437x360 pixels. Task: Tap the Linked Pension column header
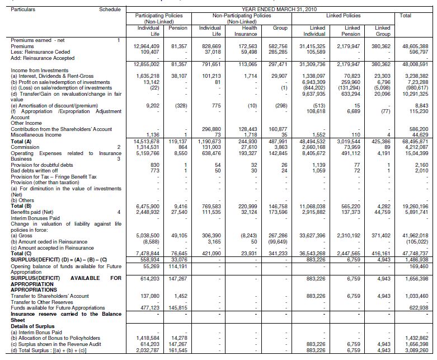[x=353, y=30]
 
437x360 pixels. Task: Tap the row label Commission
[x=25, y=146]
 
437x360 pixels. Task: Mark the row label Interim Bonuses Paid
[x=32, y=218]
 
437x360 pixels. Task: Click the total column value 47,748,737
[x=415, y=253]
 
